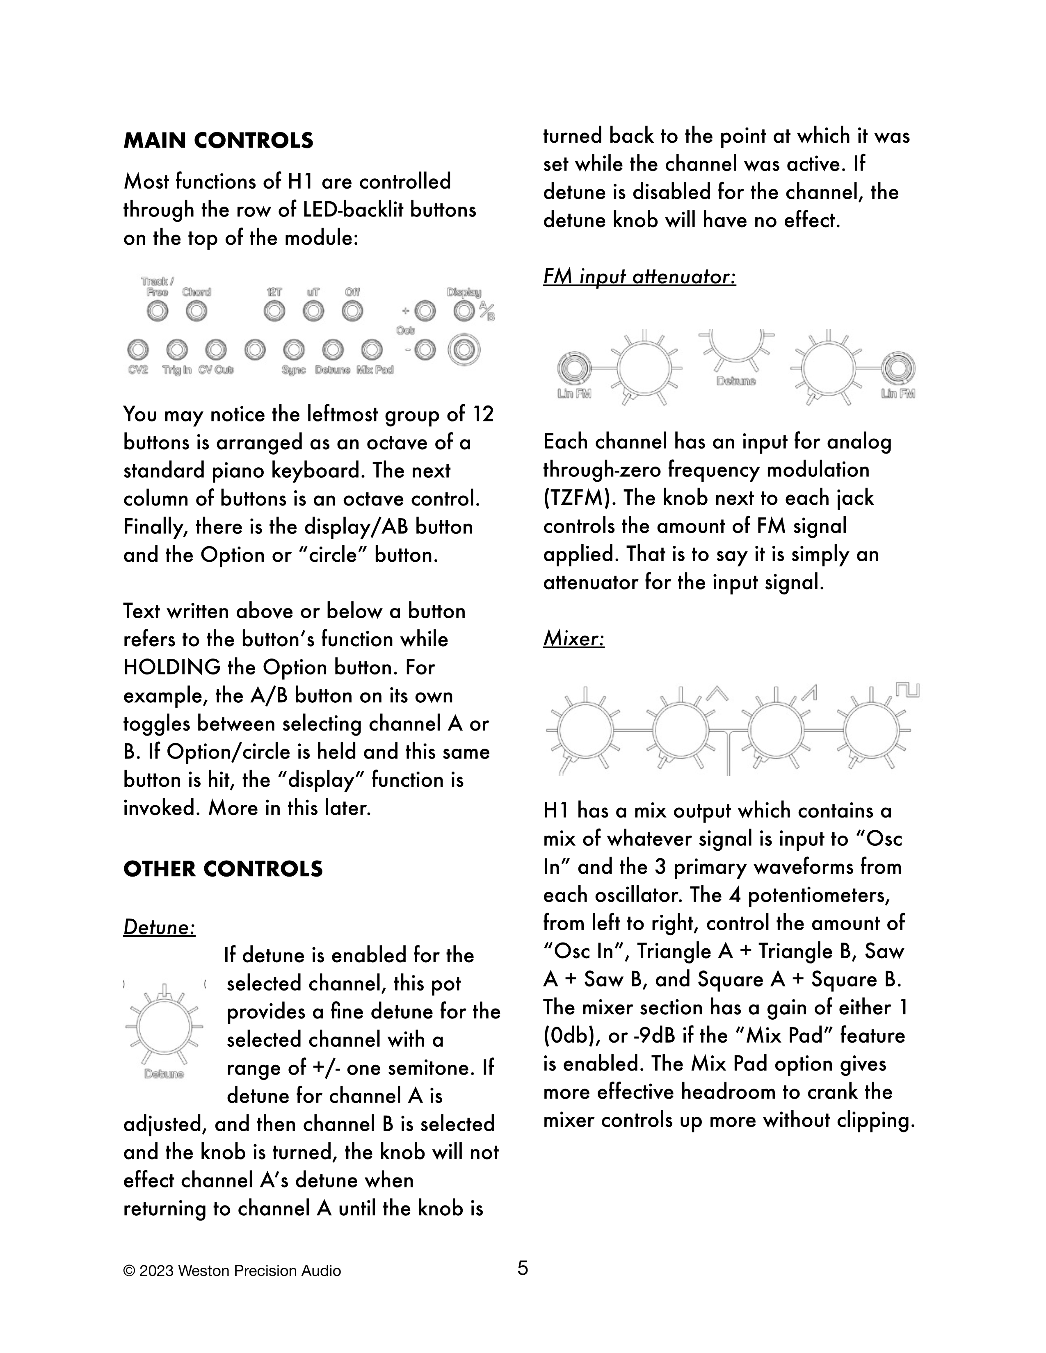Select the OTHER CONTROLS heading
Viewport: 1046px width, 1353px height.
pos(223,869)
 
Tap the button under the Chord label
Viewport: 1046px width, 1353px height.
pos(196,311)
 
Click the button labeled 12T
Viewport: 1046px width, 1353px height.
pos(274,311)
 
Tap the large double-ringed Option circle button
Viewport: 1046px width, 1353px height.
pos(464,351)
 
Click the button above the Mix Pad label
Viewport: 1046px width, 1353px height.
pos(372,350)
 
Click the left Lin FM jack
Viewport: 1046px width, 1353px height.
pos(573,370)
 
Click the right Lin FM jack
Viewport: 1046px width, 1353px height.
pos(899,370)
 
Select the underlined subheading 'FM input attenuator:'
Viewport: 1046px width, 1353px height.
pos(639,277)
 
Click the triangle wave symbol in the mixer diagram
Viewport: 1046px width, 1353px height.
pos(716,692)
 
